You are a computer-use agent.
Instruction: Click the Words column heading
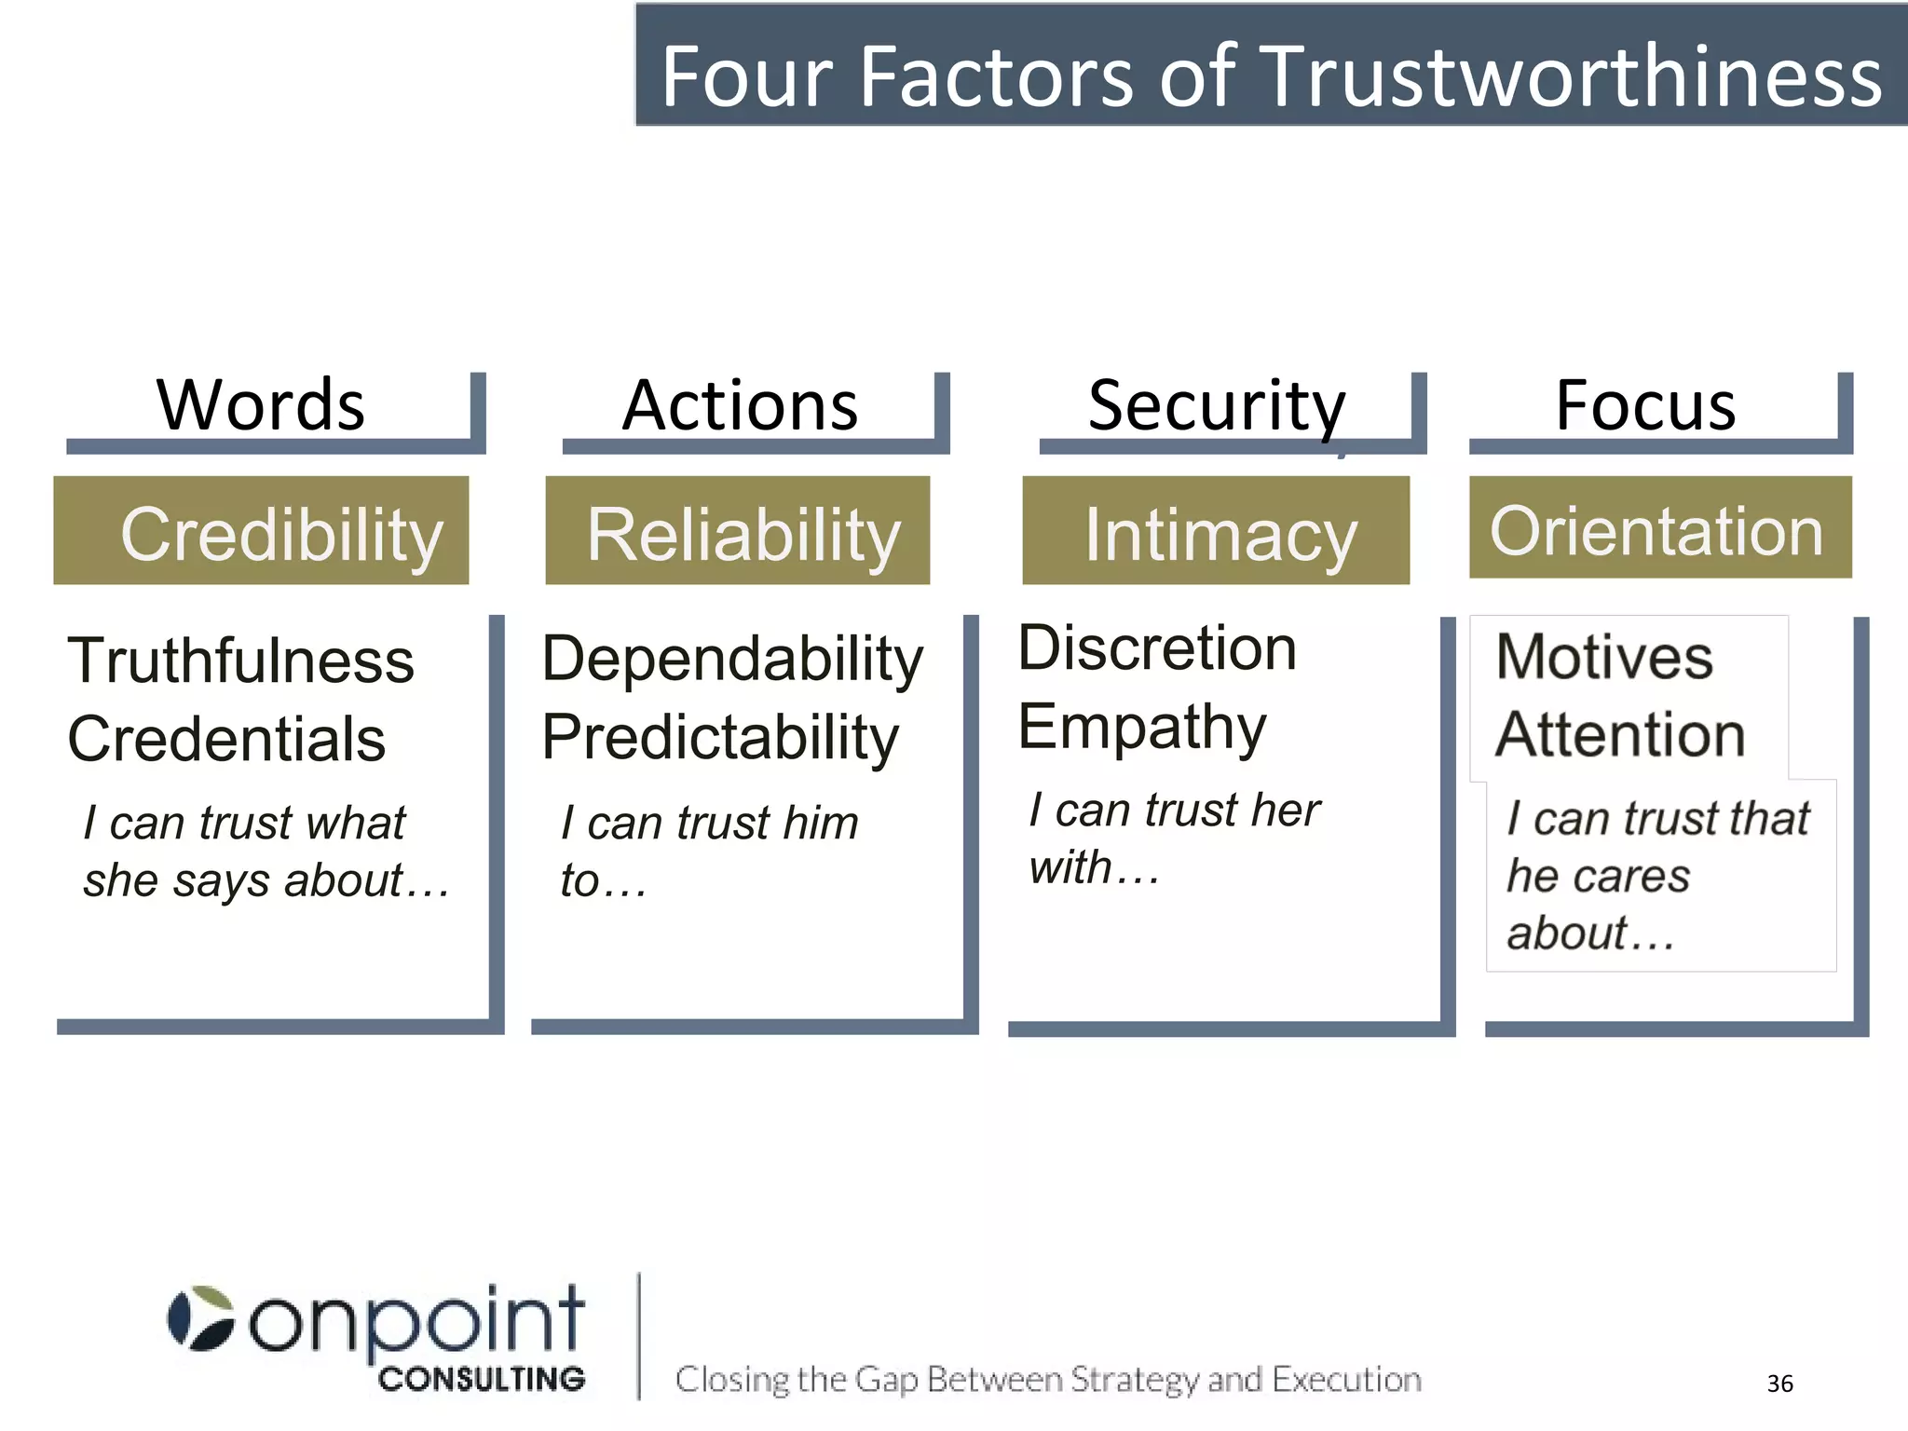261,405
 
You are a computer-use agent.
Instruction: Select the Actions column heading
740,405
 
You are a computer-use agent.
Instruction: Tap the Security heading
1217,405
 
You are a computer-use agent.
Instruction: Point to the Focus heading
1645,405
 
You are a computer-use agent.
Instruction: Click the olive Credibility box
262,531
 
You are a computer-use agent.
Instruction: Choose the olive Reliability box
738,531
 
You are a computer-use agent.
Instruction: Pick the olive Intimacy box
1216,531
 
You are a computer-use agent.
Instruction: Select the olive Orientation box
1660,528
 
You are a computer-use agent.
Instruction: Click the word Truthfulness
241,661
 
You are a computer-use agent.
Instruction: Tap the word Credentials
226,739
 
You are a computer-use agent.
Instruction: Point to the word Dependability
732,659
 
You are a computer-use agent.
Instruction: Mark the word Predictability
720,737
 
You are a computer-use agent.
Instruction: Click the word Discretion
1157,647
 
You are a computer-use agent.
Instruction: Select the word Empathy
1142,727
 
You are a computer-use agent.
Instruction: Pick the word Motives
1604,657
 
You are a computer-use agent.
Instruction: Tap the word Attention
1620,734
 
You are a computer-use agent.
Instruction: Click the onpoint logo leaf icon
201,1317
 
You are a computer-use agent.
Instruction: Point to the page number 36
1779,1383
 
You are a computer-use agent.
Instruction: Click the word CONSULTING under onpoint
482,1379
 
